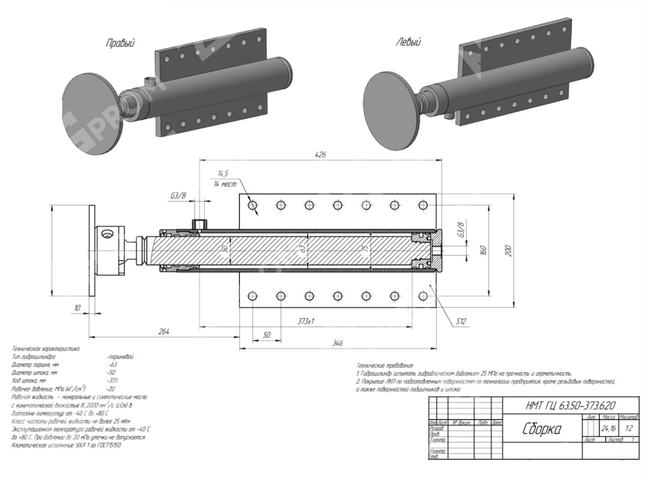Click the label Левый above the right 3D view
409,43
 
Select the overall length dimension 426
319,154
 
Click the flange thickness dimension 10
77,308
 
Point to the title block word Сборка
541,429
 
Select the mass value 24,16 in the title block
608,428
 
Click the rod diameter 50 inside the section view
224,250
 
